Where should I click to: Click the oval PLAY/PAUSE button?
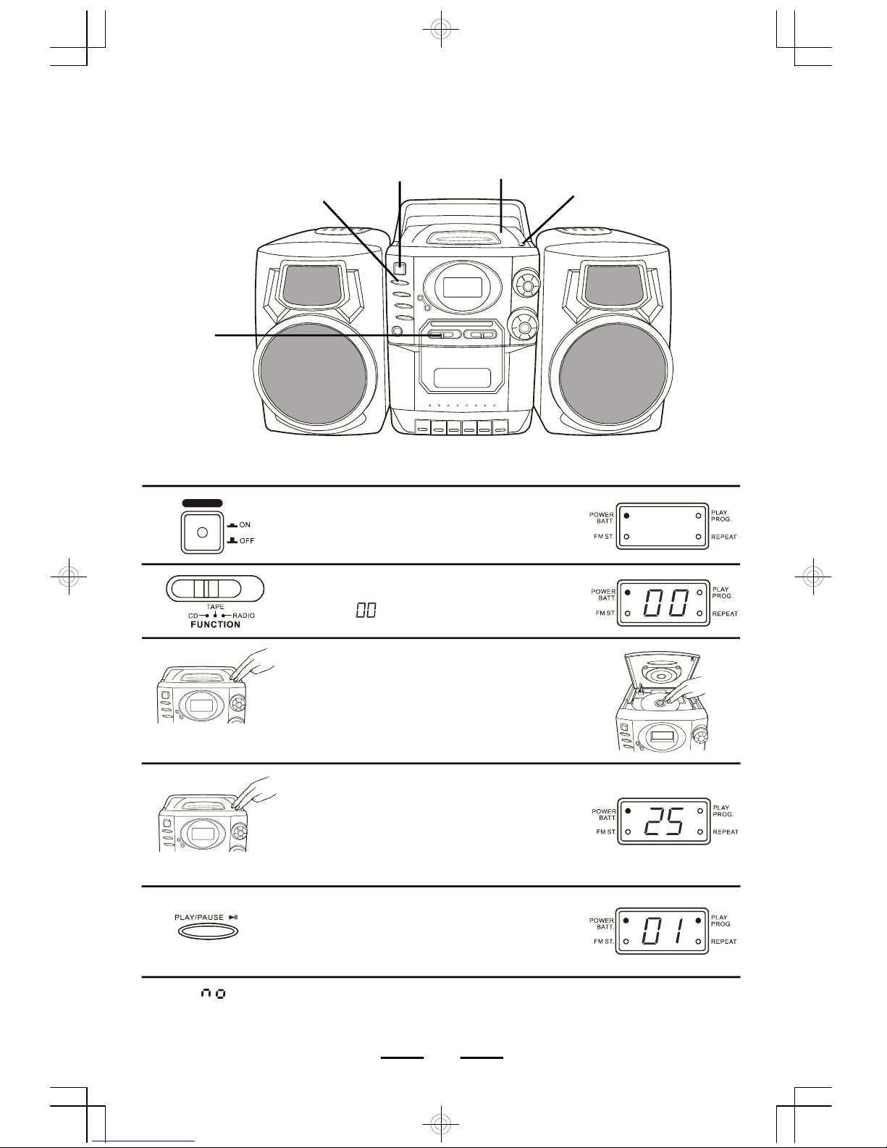[x=208, y=931]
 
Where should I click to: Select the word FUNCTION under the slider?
[x=216, y=624]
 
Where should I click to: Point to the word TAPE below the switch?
[x=216, y=606]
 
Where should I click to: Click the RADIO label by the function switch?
[x=243, y=616]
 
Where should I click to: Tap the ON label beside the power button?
[x=245, y=524]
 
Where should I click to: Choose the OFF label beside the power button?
[x=247, y=540]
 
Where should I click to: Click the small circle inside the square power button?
[x=202, y=532]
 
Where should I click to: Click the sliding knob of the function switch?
[x=206, y=589]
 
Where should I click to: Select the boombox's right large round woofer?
[x=611, y=374]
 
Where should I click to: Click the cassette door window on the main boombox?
[x=462, y=378]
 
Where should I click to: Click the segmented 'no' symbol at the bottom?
[x=214, y=994]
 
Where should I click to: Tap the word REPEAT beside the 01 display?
[x=724, y=942]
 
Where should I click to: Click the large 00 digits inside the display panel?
[x=665, y=603]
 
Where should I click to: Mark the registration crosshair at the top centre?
[x=441, y=29]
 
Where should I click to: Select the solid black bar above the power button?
[x=202, y=503]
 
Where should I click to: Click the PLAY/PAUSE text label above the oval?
[x=199, y=917]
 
